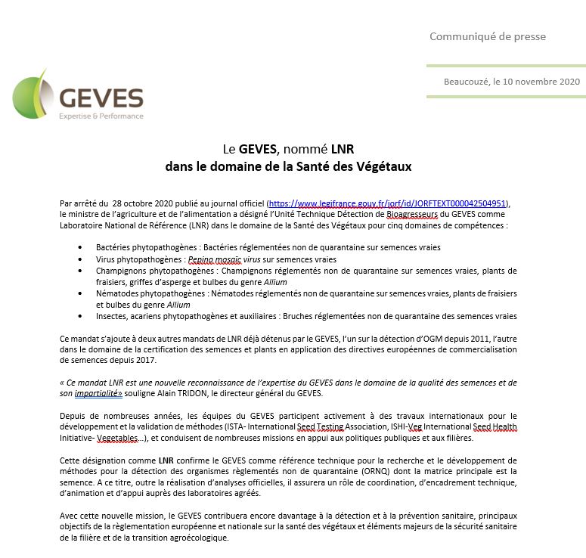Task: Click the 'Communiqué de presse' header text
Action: (487, 36)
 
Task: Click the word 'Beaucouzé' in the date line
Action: (467, 80)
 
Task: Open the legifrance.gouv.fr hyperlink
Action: (389, 203)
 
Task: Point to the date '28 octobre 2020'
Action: (141, 203)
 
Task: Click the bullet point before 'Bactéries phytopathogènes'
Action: (82, 247)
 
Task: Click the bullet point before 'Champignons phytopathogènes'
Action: (82, 270)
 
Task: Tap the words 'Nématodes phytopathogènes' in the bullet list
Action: (141, 293)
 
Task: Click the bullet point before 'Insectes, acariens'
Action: (82, 315)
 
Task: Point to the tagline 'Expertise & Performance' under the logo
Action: (101, 116)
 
